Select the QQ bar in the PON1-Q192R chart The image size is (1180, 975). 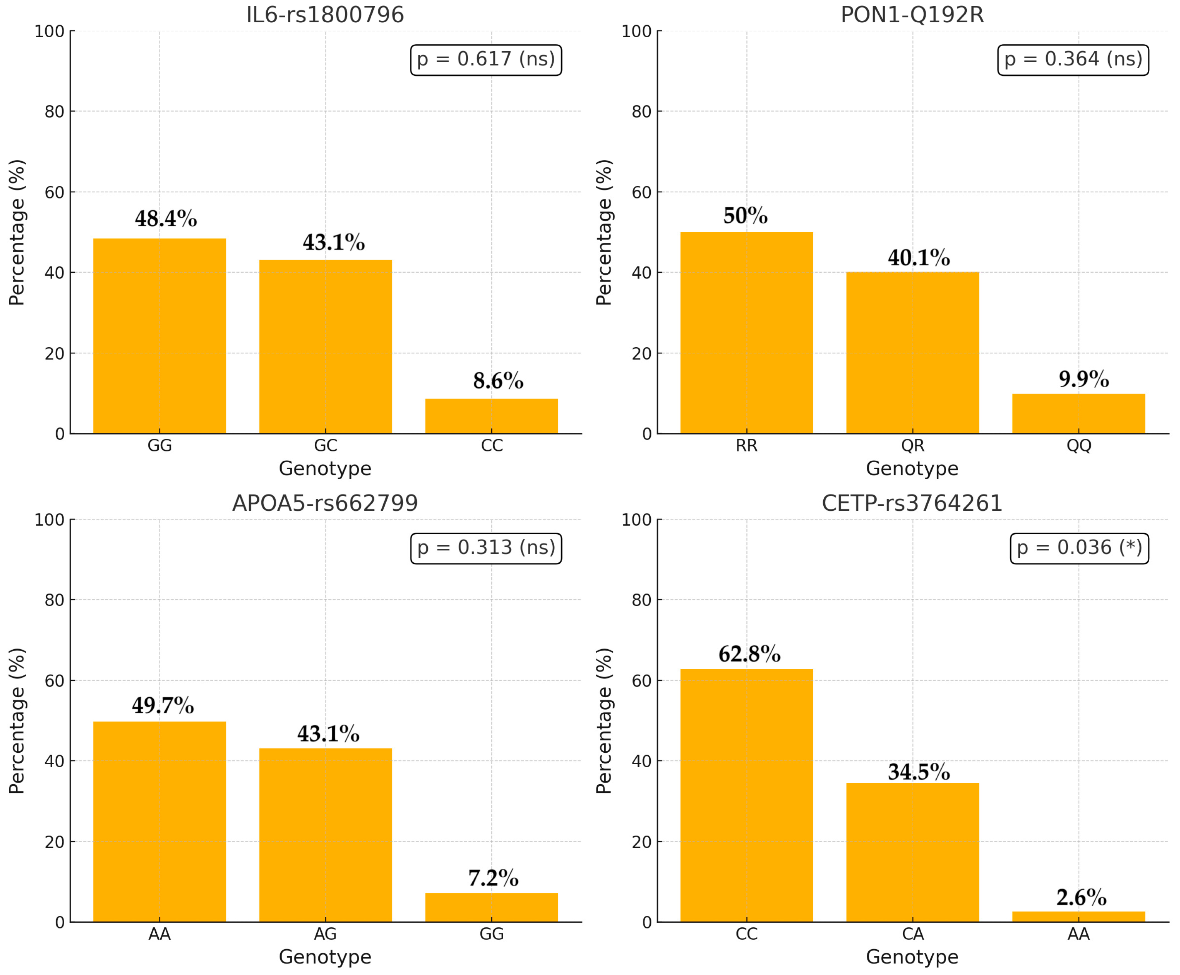click(x=1079, y=413)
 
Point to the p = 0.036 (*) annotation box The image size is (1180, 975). click(x=1079, y=548)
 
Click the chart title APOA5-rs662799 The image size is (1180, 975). click(x=325, y=503)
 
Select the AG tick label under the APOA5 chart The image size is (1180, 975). click(x=325, y=934)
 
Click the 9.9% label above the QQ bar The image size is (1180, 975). click(x=1084, y=379)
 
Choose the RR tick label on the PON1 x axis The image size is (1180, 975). click(x=746, y=446)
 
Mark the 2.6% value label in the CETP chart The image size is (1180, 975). click(x=1081, y=897)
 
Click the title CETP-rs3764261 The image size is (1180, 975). click(x=912, y=503)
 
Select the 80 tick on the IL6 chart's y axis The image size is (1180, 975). click(x=55, y=112)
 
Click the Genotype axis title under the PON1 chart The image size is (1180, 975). click(x=912, y=468)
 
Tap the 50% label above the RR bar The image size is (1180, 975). click(x=745, y=216)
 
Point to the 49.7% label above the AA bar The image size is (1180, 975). click(x=163, y=705)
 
